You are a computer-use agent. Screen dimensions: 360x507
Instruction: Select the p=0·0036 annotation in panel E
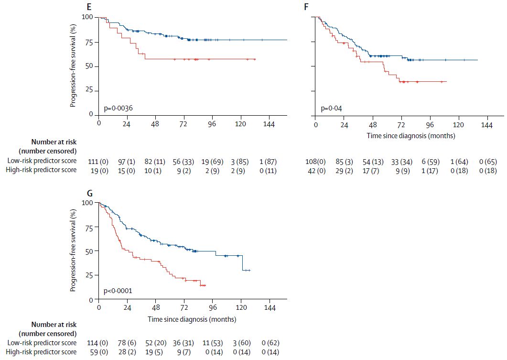click(118, 109)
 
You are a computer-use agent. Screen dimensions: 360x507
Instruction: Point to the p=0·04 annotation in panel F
click(331, 109)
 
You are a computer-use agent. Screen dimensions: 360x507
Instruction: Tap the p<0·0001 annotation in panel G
click(118, 290)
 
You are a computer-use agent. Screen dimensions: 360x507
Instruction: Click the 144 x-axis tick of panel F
click(486, 125)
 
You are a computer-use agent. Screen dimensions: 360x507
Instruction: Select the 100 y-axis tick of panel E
click(87, 17)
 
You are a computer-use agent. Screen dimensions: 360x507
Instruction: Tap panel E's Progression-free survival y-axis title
click(73, 66)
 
